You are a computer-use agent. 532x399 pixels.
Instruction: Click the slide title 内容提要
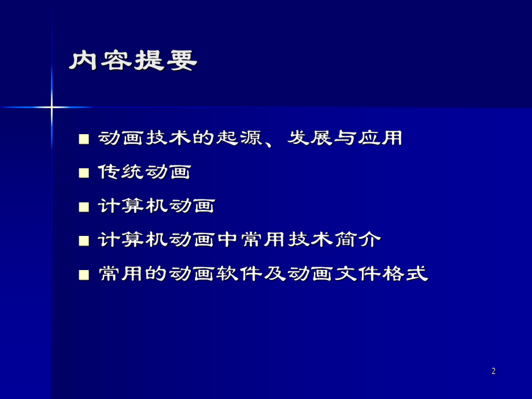coord(133,61)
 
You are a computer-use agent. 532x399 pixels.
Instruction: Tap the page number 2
coord(493,371)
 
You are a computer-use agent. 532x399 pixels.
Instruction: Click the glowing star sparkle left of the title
coord(51,107)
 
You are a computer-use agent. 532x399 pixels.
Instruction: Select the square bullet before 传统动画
coord(84,172)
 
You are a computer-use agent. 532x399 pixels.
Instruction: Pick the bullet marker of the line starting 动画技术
coord(84,139)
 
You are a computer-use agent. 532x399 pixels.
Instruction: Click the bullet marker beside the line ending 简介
coord(84,240)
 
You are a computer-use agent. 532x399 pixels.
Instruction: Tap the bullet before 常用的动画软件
coord(84,274)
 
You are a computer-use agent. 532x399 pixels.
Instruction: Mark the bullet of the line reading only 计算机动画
coord(84,206)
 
